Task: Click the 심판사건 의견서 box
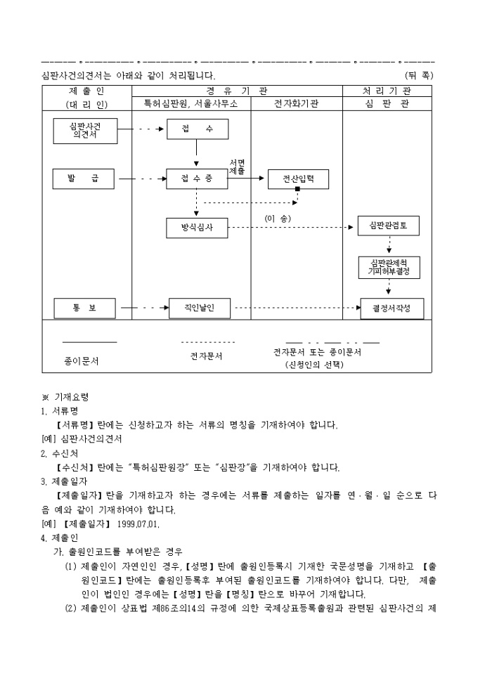pos(84,131)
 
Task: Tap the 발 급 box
pos(84,179)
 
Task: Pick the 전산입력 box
pos(298,179)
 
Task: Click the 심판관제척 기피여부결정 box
pos(388,267)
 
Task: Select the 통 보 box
pos(84,308)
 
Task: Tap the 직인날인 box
pos(200,308)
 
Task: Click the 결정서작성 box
pos(392,308)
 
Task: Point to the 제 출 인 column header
pos(86,91)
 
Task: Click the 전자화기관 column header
pos(296,104)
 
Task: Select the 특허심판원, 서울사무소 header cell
pos(191,104)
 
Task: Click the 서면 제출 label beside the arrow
pos(238,167)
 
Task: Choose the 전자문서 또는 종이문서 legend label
pos(317,352)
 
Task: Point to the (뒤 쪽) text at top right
pos(420,75)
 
